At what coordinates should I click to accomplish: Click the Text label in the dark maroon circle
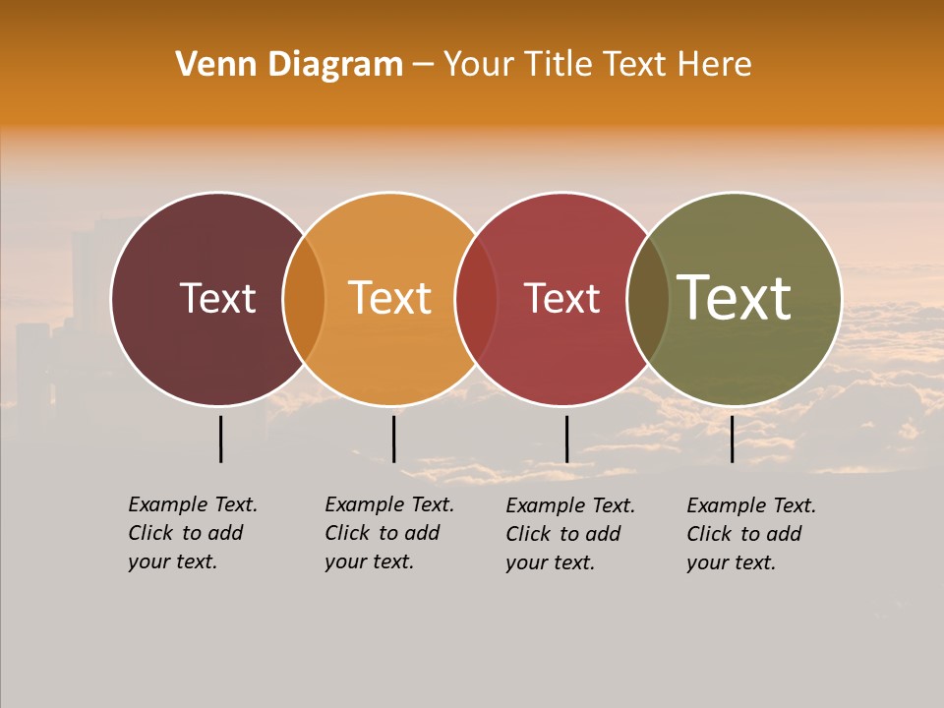(x=217, y=298)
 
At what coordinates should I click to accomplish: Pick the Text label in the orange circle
(x=390, y=298)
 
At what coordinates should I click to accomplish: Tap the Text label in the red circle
(x=561, y=298)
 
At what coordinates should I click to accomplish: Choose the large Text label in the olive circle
(x=735, y=298)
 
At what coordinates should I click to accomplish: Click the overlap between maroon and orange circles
(x=304, y=299)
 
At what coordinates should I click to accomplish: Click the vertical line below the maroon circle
(x=221, y=439)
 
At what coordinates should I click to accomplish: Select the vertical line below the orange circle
(x=393, y=439)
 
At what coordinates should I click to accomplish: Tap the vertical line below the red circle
(x=566, y=439)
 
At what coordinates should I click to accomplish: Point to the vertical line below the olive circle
(x=732, y=439)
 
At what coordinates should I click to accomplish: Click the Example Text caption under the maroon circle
(x=192, y=533)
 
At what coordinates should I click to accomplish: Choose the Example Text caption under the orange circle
(x=388, y=533)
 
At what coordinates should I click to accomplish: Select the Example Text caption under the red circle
(x=570, y=534)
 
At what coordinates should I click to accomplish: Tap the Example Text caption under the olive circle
(x=751, y=534)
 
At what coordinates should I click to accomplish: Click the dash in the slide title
(x=423, y=66)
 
